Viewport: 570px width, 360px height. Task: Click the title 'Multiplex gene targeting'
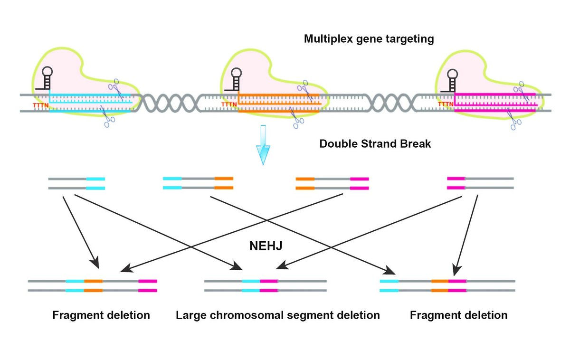[369, 39]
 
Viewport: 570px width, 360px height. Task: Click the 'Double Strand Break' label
[375, 143]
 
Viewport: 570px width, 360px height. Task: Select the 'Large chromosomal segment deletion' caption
[278, 315]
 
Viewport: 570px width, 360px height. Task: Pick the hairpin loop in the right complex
[452, 74]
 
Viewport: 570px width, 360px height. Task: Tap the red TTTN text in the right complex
[445, 104]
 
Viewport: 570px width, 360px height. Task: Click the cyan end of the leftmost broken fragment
[95, 184]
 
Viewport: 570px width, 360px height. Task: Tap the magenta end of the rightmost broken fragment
[456, 183]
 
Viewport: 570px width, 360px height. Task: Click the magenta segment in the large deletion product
[269, 285]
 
